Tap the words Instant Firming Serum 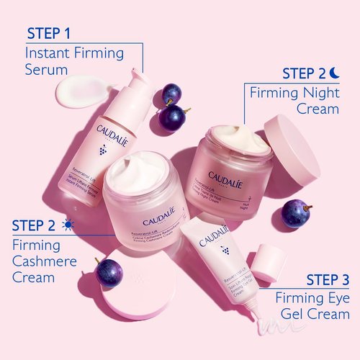pos(74,61)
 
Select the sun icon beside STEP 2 pos(68,225)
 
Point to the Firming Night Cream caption pos(294,101)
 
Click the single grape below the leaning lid pos(294,213)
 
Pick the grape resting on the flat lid pos(109,273)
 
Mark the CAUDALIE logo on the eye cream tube pos(214,232)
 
